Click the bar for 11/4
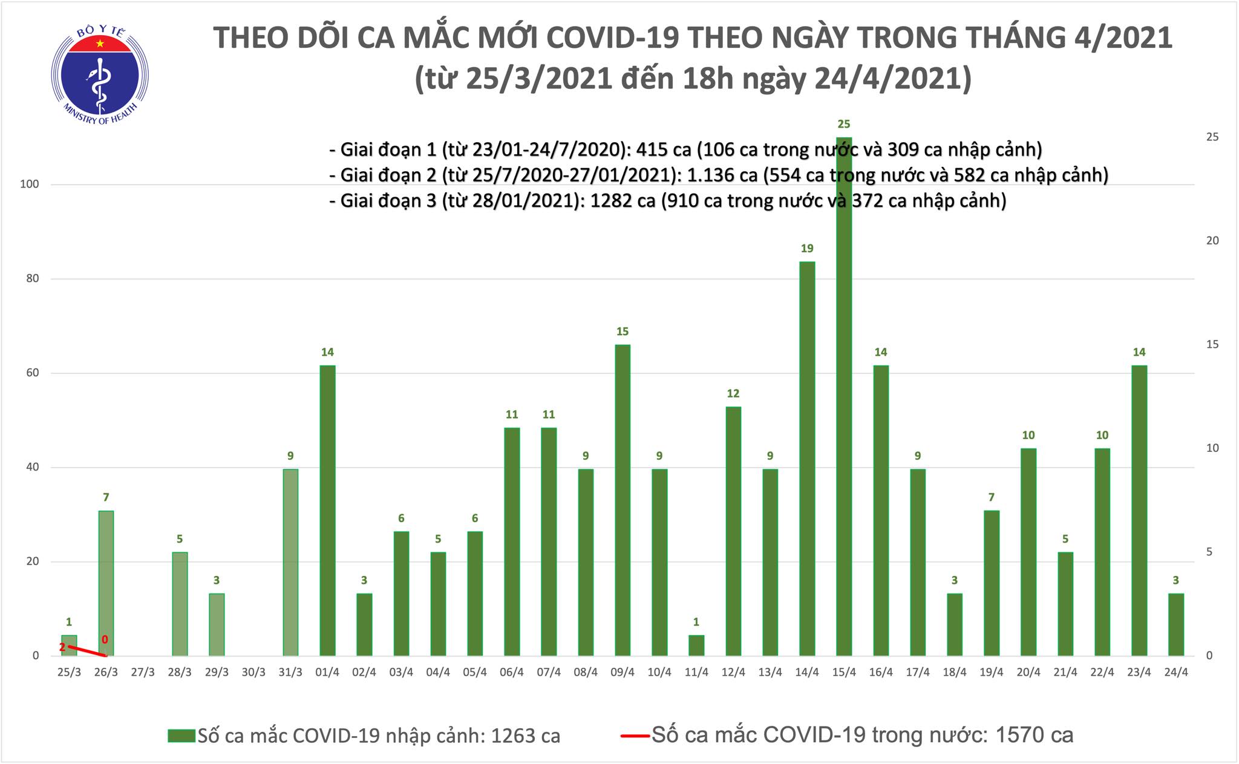pyautogui.click(x=696, y=645)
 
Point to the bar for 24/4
pyautogui.click(x=1175, y=624)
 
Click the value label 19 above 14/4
pyautogui.click(x=807, y=249)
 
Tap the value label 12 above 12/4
pyautogui.click(x=733, y=394)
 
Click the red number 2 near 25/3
pyautogui.click(x=62, y=647)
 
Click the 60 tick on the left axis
pyautogui.click(x=32, y=373)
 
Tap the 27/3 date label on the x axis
pyautogui.click(x=143, y=673)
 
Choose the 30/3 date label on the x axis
pyautogui.click(x=253, y=673)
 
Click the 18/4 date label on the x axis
pyautogui.click(x=954, y=673)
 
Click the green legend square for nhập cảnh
pyautogui.click(x=181, y=736)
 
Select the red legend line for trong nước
pyautogui.click(x=635, y=736)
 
